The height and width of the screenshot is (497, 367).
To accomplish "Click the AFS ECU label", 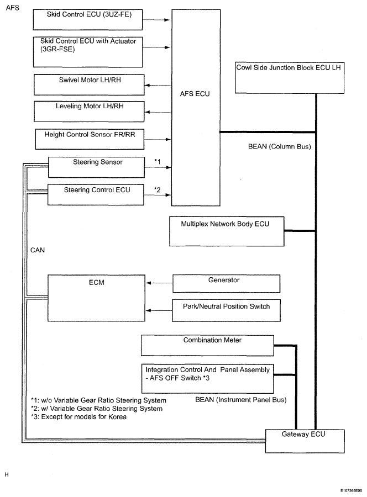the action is pyautogui.click(x=195, y=94).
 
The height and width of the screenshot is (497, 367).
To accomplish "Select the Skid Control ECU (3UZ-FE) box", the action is pyautogui.click(x=88, y=20).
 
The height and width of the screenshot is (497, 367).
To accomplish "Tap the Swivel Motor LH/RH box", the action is pyautogui.click(x=89, y=84).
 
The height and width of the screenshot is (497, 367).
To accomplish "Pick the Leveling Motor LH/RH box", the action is pyautogui.click(x=89, y=111).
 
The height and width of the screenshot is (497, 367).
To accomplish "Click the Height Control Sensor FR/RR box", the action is pyautogui.click(x=90, y=139).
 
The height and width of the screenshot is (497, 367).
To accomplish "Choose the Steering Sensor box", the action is pyautogui.click(x=96, y=167).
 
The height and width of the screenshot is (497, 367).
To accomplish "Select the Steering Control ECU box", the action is pyautogui.click(x=96, y=194).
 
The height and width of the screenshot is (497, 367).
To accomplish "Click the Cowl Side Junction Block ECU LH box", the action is pyautogui.click(x=290, y=78).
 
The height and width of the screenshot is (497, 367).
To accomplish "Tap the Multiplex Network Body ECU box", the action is pyautogui.click(x=227, y=231).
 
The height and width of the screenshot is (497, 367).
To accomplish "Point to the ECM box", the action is pyautogui.click(x=96, y=298).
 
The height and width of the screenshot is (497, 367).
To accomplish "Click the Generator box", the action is pyautogui.click(x=227, y=283).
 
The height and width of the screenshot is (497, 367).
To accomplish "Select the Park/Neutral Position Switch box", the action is pyautogui.click(x=226, y=310).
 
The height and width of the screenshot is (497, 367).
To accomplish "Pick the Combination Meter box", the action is pyautogui.click(x=207, y=346).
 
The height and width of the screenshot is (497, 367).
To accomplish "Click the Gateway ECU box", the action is pyautogui.click(x=305, y=441).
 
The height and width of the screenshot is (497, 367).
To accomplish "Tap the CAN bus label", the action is pyautogui.click(x=38, y=250).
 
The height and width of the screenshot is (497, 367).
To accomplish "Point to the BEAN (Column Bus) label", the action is pyautogui.click(x=280, y=146).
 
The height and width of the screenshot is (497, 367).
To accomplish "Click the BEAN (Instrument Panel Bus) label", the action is pyautogui.click(x=241, y=400).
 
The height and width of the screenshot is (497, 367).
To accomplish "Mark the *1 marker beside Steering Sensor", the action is pyautogui.click(x=158, y=162).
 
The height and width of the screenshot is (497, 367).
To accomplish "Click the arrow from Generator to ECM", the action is pyautogui.click(x=159, y=283).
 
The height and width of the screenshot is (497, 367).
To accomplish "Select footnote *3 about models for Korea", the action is pyautogui.click(x=78, y=417).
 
